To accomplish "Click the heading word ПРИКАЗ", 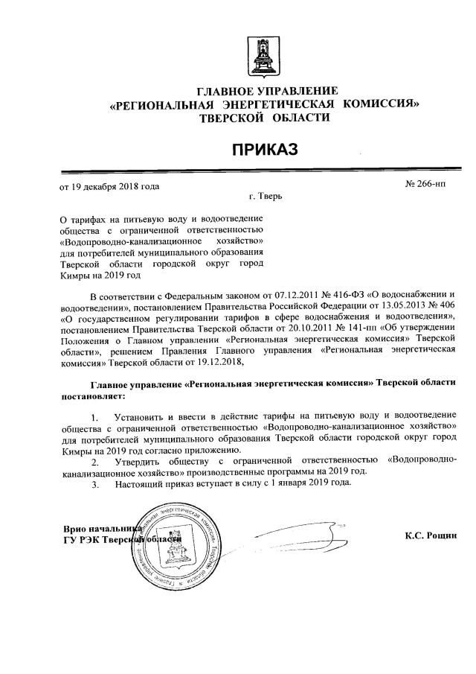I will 261,150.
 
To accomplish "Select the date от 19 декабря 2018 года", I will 109,186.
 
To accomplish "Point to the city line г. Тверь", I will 266,198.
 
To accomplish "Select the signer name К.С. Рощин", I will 429,535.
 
